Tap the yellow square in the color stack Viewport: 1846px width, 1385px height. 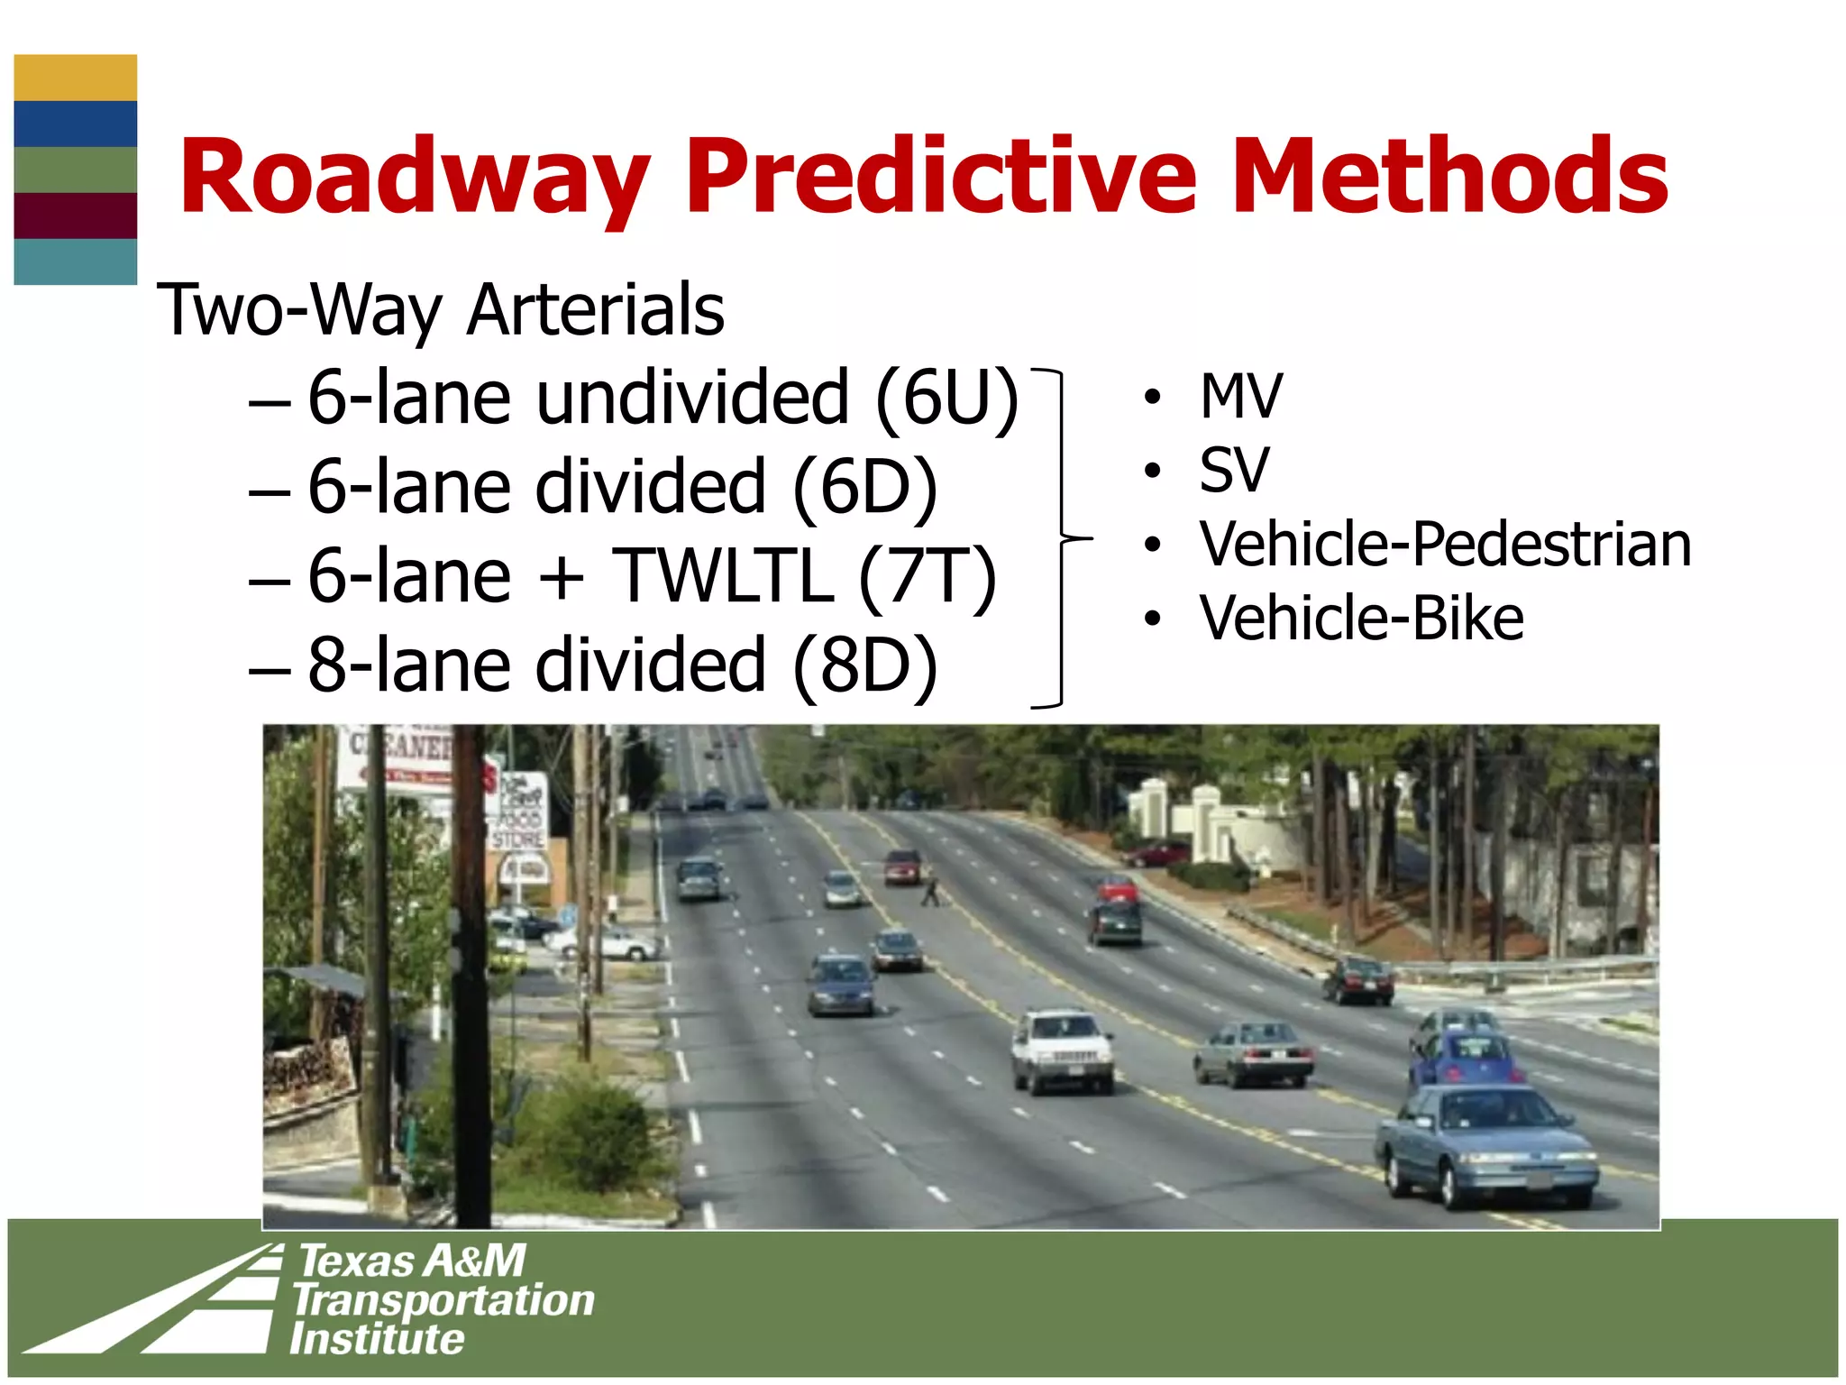tap(76, 78)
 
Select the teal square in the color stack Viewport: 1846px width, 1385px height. tap(76, 261)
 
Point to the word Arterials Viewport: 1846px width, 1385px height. tap(596, 310)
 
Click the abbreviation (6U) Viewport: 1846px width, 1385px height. tap(946, 398)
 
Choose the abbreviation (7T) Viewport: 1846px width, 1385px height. tap(928, 576)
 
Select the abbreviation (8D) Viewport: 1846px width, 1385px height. tap(865, 665)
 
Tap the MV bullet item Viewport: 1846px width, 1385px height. tap(1240, 397)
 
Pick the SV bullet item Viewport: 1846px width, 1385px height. tap(1234, 470)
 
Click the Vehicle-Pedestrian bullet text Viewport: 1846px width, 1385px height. tap(1445, 545)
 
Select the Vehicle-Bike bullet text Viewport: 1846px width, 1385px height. tap(1361, 619)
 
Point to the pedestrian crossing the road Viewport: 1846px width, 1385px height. tap(930, 890)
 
